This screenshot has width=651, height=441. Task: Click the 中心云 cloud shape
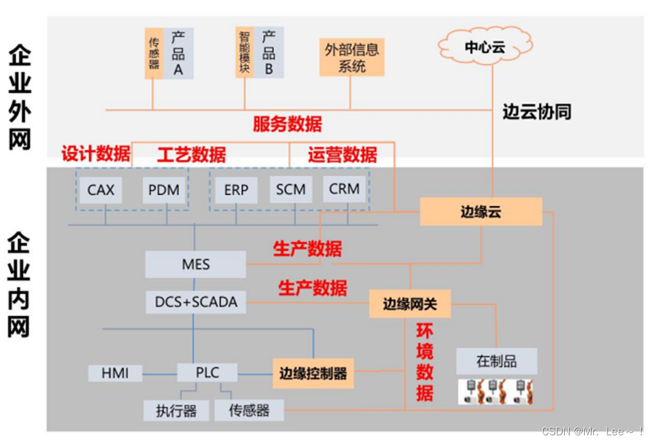(485, 46)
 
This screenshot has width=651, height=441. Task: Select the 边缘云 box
(481, 212)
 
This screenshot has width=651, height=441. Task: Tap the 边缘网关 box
(409, 304)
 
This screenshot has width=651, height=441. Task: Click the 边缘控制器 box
(313, 374)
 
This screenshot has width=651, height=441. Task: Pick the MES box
(195, 264)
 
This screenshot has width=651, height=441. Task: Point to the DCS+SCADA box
(196, 302)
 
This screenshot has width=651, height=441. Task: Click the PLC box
(207, 372)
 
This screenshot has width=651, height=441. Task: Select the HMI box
(115, 374)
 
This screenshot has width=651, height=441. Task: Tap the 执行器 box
(176, 410)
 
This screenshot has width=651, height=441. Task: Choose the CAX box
(101, 190)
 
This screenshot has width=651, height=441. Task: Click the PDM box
(164, 190)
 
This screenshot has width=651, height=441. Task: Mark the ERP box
(236, 190)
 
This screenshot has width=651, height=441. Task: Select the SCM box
(291, 189)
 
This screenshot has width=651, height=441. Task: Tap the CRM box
(344, 189)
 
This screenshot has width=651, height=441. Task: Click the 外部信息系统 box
(352, 57)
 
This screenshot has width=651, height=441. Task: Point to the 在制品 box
(496, 361)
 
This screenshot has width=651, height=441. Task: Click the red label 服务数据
(287, 124)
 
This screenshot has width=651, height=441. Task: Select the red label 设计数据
(95, 154)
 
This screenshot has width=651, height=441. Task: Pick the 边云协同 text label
(536, 111)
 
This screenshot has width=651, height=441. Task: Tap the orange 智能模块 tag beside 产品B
(244, 52)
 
